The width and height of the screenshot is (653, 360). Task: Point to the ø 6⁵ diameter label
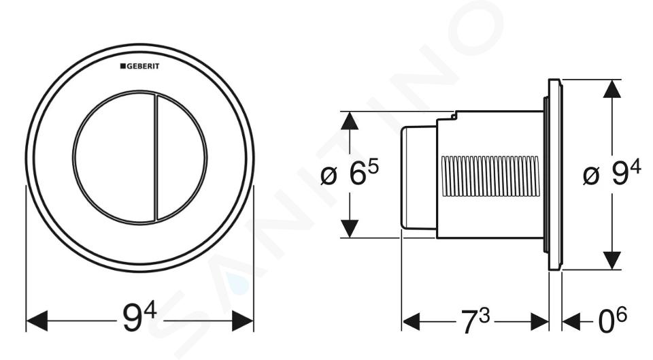pos(350,174)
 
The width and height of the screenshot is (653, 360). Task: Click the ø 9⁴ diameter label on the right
pos(612,174)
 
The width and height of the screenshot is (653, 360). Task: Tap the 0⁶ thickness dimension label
pos(612,321)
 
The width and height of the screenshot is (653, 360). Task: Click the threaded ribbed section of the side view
pos(490,176)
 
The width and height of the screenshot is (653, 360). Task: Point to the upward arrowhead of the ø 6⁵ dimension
pos(350,121)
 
